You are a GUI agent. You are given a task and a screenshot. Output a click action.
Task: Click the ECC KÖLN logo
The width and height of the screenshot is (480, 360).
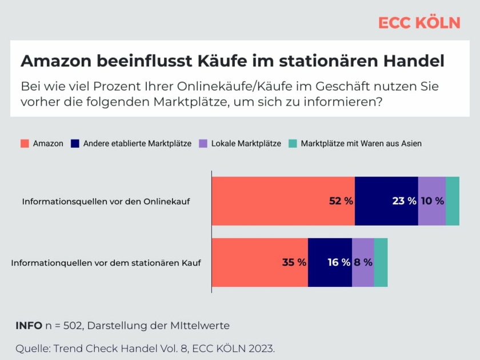(x=419, y=23)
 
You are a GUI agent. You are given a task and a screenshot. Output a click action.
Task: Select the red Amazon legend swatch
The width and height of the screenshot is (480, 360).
(x=25, y=143)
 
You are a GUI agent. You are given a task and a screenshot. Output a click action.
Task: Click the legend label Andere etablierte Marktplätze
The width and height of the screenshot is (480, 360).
(x=137, y=143)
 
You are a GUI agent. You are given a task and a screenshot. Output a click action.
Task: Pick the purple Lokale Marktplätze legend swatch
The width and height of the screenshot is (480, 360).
(x=203, y=143)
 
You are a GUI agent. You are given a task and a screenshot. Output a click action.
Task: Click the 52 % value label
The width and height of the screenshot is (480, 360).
(x=341, y=201)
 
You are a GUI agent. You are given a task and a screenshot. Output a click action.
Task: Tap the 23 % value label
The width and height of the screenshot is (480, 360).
(x=404, y=201)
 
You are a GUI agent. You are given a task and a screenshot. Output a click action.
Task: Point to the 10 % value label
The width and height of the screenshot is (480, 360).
(x=432, y=201)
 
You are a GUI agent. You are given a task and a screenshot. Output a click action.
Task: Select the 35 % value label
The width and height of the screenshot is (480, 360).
(x=294, y=263)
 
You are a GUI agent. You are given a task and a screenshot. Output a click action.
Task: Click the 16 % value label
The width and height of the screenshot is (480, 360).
(x=339, y=263)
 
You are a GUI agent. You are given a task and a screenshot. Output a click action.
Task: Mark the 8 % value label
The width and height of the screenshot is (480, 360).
(x=363, y=263)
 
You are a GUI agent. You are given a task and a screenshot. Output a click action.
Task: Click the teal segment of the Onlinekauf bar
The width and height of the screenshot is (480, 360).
(x=453, y=201)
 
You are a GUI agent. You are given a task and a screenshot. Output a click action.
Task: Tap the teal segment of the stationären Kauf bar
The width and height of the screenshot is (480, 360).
(x=381, y=263)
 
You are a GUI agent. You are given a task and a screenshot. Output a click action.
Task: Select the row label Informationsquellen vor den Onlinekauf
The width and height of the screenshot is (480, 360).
(x=106, y=202)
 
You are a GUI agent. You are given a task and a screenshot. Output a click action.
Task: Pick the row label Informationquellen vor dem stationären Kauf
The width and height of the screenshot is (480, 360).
(x=106, y=263)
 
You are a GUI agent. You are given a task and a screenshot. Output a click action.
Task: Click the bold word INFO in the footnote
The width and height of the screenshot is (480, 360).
(x=29, y=326)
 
